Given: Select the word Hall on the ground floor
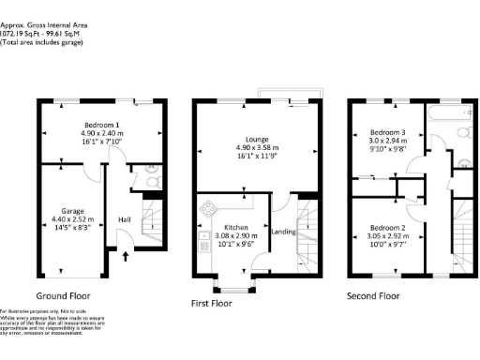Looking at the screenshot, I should pyautogui.click(x=124, y=219).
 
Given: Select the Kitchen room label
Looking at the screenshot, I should pyautogui.click(x=230, y=227).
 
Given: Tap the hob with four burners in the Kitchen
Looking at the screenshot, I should pyautogui.click(x=207, y=208).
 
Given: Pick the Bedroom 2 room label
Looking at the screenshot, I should pyautogui.click(x=386, y=227).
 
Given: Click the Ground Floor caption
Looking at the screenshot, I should pyautogui.click(x=75, y=294).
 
